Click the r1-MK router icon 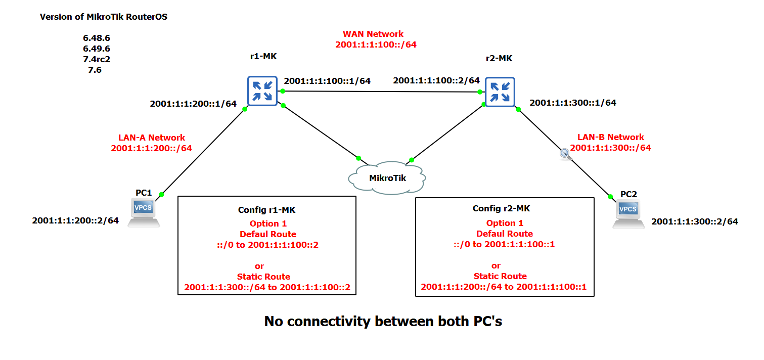[262, 91]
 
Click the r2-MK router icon [500, 91]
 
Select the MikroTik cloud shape [387, 177]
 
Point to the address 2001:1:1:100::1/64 [327, 81]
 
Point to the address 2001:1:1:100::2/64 [436, 80]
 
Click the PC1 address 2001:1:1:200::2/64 [75, 220]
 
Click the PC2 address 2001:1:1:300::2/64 [694, 221]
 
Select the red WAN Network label [373, 34]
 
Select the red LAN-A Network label [151, 138]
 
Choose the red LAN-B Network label [610, 137]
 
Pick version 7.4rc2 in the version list [96, 60]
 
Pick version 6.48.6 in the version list [96, 38]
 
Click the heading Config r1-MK [267, 210]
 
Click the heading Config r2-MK [501, 208]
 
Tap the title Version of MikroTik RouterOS [104, 17]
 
